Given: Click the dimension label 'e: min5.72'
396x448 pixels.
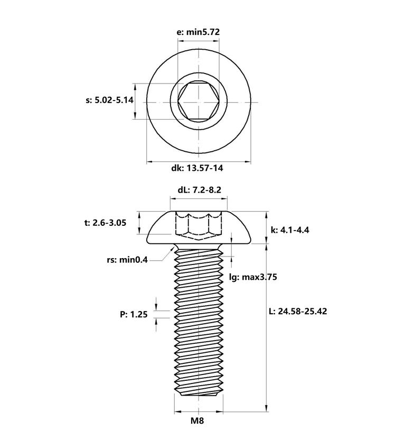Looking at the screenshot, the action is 199,32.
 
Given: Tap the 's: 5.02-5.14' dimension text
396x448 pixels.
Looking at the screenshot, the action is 109,100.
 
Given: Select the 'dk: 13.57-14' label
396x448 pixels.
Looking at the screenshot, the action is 197,168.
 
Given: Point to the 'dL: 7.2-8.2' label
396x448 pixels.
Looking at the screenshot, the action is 199,190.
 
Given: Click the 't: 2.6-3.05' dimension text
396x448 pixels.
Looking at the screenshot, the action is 105,223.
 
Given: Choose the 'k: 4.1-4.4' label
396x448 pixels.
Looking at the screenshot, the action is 290,230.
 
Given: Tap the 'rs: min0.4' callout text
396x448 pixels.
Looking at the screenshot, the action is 127,260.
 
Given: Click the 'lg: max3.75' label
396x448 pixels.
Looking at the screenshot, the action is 253,277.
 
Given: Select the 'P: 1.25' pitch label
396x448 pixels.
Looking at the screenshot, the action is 134,315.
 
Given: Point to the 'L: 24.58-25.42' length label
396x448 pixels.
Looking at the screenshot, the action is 298,311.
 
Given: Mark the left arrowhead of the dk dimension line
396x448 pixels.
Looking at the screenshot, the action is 149,162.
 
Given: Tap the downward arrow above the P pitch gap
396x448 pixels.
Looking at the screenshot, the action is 156,306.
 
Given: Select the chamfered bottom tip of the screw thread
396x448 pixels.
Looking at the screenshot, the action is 199,394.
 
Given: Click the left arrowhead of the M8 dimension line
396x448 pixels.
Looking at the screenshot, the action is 178,412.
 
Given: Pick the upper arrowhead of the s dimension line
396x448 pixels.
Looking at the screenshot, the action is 135,87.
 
